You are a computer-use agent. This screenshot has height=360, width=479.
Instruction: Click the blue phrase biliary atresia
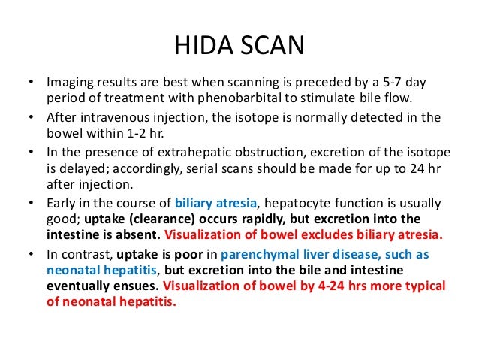coord(213,203)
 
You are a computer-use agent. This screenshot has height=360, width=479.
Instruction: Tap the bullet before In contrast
coord(29,253)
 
